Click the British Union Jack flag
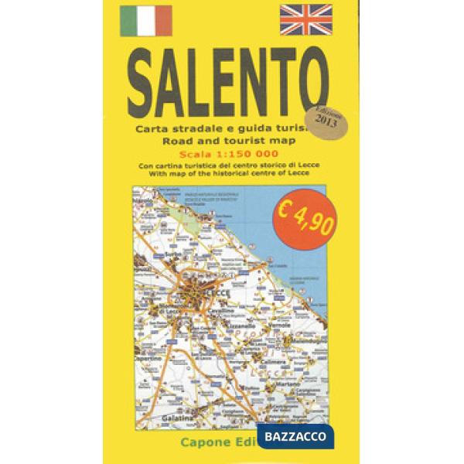pos(305,20)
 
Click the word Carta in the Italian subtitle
pos(149,128)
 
